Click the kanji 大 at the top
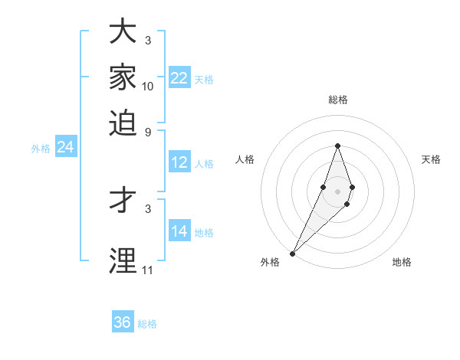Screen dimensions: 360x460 [x=123, y=32]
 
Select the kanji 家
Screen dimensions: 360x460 [x=123, y=77]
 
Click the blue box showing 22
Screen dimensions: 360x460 [x=179, y=78]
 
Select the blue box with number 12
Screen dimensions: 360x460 [x=179, y=162]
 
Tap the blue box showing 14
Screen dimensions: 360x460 [x=179, y=231]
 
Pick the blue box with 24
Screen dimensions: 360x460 [x=66, y=148]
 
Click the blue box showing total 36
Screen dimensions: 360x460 [x=123, y=322]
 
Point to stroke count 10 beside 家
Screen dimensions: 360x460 [x=148, y=87]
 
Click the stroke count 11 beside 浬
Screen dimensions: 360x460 [x=148, y=270]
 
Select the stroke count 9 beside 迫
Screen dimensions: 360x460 [x=148, y=131]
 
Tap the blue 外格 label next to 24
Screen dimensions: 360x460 [x=41, y=149]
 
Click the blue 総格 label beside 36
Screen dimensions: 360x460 [x=147, y=324]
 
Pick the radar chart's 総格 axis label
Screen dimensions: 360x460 [x=337, y=100]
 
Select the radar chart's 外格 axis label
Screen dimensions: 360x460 [x=270, y=262]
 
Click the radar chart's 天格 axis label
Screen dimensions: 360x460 [x=431, y=159]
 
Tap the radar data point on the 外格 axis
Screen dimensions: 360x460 [x=292, y=253]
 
